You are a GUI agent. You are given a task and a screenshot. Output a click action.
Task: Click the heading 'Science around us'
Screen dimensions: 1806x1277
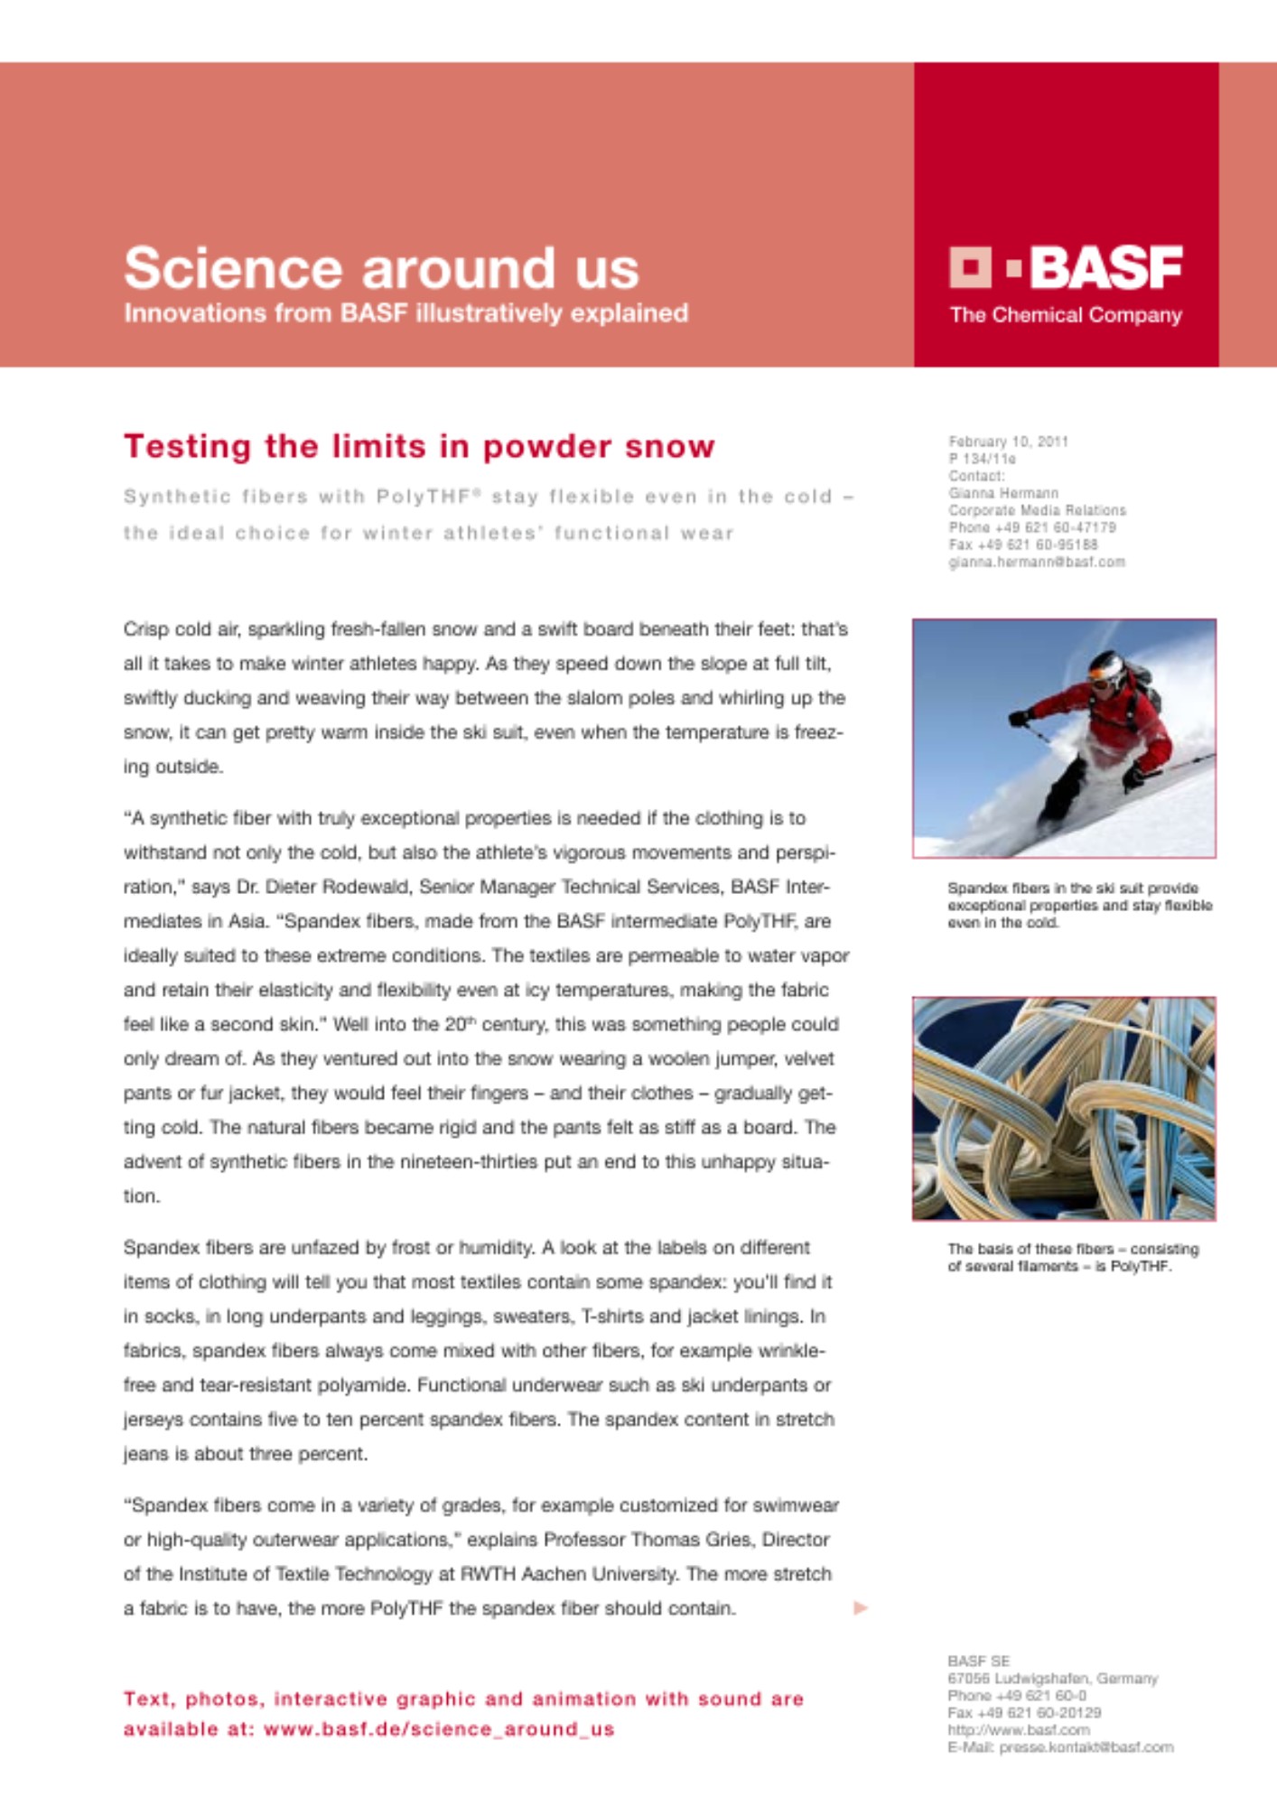click(381, 268)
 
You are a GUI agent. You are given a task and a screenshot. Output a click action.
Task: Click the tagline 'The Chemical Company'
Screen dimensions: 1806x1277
click(1066, 315)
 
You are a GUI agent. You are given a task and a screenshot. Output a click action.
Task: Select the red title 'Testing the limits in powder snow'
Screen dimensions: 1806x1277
click(419, 446)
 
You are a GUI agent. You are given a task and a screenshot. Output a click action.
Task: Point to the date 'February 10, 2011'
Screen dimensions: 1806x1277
click(1008, 442)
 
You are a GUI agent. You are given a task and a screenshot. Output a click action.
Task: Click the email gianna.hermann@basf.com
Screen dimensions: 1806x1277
click(1036, 562)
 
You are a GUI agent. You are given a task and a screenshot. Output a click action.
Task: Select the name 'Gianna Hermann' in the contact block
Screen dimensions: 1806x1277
click(1002, 493)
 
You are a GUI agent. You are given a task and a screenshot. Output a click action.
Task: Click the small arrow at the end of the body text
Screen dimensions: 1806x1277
click(861, 1607)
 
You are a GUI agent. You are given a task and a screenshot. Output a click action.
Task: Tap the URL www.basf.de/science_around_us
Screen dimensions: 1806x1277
click(439, 1729)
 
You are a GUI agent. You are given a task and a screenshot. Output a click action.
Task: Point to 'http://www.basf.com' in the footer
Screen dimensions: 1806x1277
click(1018, 1730)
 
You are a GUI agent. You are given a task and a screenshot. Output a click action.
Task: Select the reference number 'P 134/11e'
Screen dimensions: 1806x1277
click(982, 459)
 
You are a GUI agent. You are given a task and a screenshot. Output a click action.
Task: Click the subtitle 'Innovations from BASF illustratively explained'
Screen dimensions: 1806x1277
click(405, 313)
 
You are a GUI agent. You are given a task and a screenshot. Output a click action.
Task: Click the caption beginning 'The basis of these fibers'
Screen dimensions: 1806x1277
click(1073, 1257)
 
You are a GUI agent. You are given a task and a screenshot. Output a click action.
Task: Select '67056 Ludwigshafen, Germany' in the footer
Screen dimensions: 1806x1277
click(1052, 1678)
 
